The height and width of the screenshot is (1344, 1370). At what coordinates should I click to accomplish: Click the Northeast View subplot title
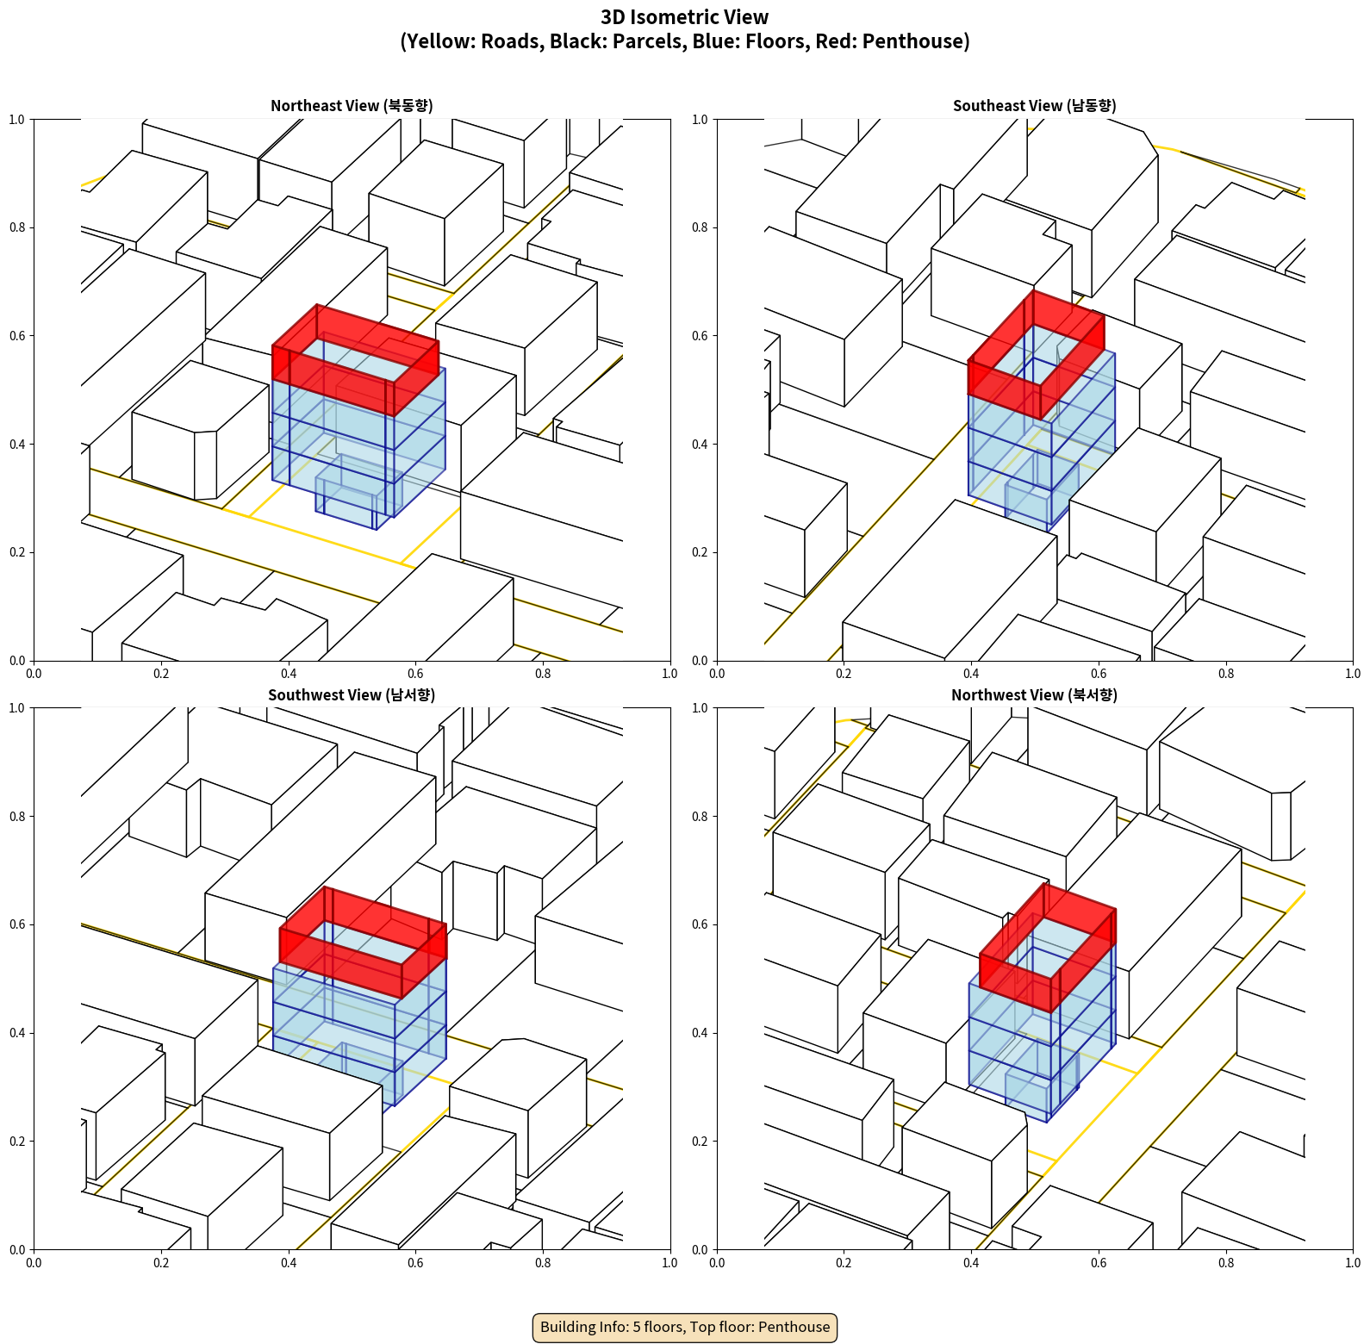point(352,105)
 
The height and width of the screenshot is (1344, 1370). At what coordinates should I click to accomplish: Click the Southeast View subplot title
point(1034,105)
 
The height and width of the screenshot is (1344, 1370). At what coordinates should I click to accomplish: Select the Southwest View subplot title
point(352,694)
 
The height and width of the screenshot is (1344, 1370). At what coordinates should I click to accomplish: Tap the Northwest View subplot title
point(1034,694)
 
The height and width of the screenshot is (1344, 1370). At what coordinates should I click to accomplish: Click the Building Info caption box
point(685,1327)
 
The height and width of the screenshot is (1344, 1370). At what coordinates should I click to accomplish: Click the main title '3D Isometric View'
point(685,17)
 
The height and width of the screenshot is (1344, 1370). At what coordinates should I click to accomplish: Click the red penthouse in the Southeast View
point(1037,355)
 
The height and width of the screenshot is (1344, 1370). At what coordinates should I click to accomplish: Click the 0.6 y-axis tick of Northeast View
point(17,336)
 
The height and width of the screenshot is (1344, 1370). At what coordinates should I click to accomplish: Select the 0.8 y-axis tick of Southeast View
point(701,227)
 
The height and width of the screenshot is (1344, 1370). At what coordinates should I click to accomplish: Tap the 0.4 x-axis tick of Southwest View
point(289,1263)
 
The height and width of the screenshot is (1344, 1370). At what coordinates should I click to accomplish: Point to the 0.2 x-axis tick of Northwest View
point(844,1263)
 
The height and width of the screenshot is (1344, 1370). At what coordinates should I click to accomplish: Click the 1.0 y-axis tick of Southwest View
point(17,708)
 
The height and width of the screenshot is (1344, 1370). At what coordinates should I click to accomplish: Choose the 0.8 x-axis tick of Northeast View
point(543,674)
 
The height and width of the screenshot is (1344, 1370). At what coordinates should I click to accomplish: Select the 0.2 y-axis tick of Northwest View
point(701,1142)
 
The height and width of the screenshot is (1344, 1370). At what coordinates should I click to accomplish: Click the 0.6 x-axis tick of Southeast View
point(1099,674)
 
